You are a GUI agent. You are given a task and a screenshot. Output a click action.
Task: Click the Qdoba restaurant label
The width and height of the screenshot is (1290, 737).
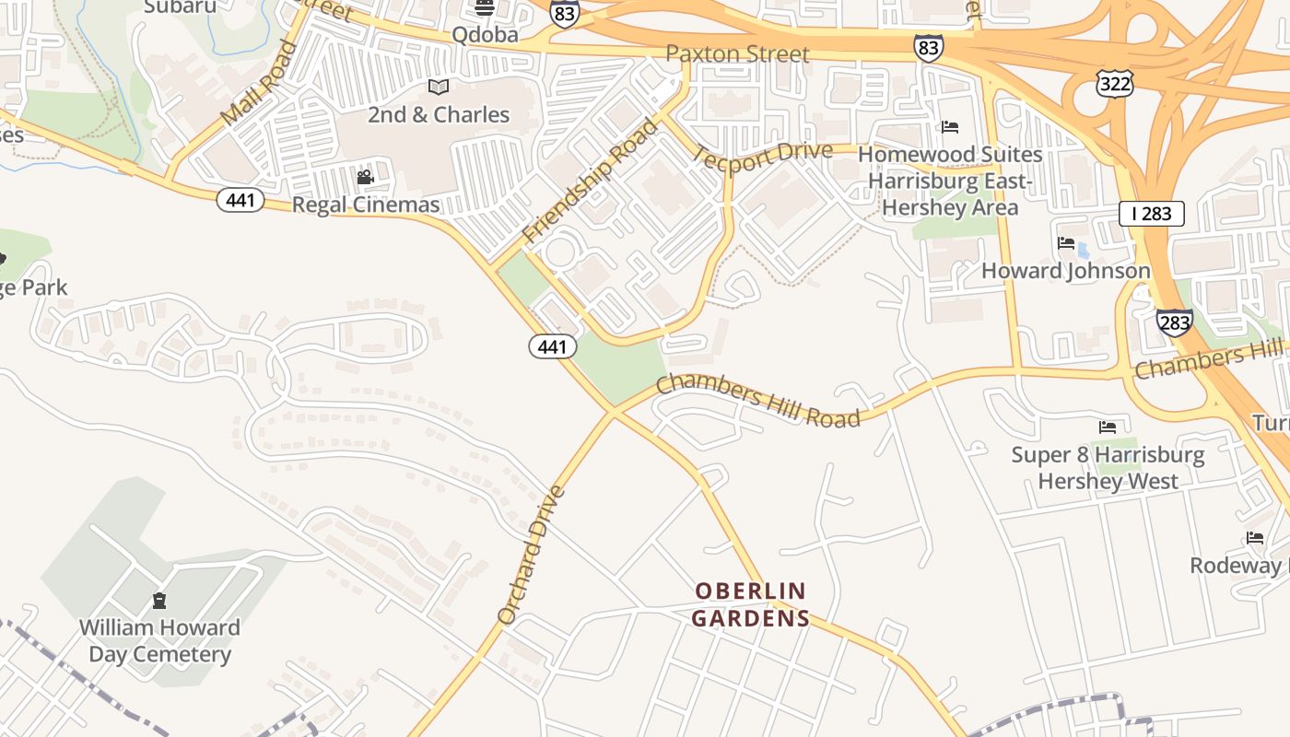coord(485,35)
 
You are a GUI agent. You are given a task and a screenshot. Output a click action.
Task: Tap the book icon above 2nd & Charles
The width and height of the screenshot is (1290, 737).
coord(439,88)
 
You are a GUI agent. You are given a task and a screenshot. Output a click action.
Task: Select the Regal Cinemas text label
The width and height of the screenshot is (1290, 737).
coord(366,205)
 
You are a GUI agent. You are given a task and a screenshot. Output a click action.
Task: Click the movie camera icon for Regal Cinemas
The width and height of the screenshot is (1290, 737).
coord(365,177)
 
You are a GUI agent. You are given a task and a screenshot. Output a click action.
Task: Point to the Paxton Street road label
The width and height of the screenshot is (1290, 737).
coord(737,54)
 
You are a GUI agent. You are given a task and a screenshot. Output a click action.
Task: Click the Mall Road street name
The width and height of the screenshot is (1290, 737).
coord(260,84)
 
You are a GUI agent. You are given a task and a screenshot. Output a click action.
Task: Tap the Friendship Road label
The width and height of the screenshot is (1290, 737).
coord(590,181)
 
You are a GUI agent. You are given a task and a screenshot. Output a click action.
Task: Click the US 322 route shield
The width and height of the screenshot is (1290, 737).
coord(1114,82)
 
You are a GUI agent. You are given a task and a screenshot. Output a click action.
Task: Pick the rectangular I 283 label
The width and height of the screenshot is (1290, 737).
coord(1151,214)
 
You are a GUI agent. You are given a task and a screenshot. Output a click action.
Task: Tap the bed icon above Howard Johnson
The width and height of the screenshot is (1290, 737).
coord(1066,243)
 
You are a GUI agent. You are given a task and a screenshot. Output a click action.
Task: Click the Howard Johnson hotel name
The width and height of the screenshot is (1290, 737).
coord(1066,271)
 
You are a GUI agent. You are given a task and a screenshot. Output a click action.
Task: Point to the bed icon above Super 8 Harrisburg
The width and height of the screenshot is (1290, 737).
coord(1108,427)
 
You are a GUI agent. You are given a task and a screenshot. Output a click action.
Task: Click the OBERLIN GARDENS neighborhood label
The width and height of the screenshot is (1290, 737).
coord(750,604)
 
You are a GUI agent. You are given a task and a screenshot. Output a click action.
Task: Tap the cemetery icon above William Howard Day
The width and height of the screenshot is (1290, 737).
coord(159,601)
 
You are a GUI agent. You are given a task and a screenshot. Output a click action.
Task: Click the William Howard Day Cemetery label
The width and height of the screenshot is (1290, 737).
coord(159,641)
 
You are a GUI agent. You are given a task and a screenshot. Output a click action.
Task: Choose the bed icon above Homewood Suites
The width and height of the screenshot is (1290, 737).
coord(950,126)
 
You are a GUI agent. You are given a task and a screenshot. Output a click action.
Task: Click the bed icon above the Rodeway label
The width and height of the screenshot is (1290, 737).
coord(1255,538)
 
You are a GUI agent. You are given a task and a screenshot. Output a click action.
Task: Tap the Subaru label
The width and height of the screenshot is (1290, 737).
coord(181,7)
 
